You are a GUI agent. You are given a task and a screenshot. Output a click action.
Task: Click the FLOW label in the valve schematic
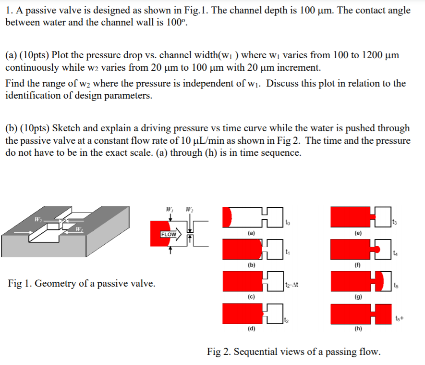coord(169,235)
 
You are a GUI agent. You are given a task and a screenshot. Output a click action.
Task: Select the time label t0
coord(288,223)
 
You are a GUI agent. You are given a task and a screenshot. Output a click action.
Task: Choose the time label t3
coord(395,222)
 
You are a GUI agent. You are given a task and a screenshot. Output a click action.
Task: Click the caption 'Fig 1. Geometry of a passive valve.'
coord(82,283)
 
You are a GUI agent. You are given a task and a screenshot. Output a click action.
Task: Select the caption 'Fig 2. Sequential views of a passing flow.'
coord(293,352)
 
